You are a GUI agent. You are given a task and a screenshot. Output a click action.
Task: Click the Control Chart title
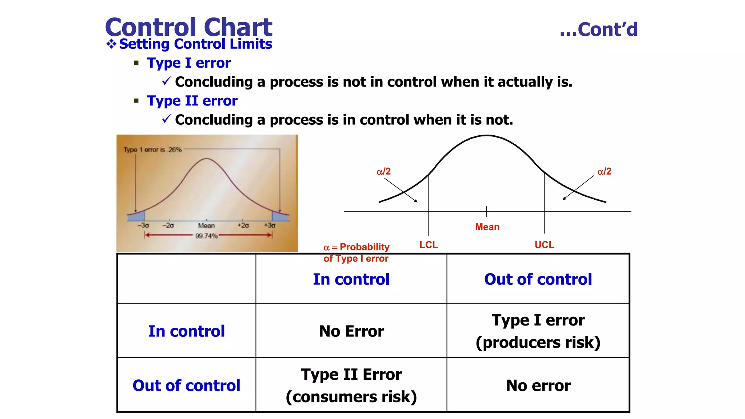point(188,27)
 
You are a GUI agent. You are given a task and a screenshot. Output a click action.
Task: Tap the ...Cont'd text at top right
point(598,29)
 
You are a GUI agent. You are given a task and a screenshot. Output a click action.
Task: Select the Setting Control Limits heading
point(195,44)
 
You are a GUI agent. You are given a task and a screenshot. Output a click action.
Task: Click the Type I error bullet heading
point(188,63)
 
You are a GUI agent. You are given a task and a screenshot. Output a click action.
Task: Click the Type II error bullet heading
point(192,101)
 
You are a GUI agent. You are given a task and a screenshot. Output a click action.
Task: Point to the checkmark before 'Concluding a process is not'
point(167,81)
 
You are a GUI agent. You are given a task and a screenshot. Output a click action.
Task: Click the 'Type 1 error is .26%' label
point(152,149)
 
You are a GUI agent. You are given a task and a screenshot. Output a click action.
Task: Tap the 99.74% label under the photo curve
point(206,236)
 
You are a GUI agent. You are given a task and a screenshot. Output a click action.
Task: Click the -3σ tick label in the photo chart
point(143,226)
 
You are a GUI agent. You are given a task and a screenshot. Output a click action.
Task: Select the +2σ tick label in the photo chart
point(243,226)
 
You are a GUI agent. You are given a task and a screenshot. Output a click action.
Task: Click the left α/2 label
point(383,171)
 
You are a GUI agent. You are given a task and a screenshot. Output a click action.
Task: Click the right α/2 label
point(604,171)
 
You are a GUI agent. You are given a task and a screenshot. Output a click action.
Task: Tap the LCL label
point(429,245)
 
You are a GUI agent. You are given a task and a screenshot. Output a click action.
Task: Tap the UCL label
point(544,245)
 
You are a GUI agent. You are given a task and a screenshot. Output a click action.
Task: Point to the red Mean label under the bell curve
point(487,227)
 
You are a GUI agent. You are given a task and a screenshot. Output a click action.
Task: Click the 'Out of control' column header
point(538,279)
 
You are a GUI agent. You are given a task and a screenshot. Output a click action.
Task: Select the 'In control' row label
point(186,331)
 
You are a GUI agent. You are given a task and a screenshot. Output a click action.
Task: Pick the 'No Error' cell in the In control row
point(351,331)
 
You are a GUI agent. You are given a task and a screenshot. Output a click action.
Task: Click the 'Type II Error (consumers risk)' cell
point(351,386)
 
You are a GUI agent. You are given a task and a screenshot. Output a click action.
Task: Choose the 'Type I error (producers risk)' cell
point(538,331)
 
